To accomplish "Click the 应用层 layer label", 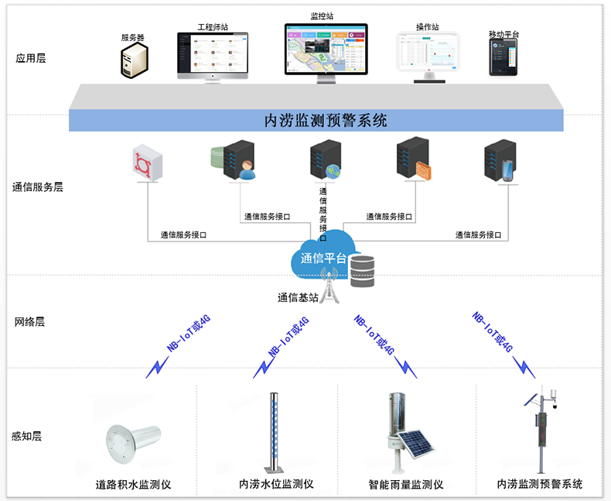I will tap(31, 57).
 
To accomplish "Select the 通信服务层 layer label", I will tap(37, 187).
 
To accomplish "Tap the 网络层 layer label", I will tap(30, 321).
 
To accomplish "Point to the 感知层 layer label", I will tap(27, 436).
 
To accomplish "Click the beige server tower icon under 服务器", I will tap(133, 60).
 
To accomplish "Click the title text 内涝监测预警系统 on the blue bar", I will tap(326, 121).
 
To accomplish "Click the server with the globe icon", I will tap(326, 160).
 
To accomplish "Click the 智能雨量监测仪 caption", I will tap(405, 485).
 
